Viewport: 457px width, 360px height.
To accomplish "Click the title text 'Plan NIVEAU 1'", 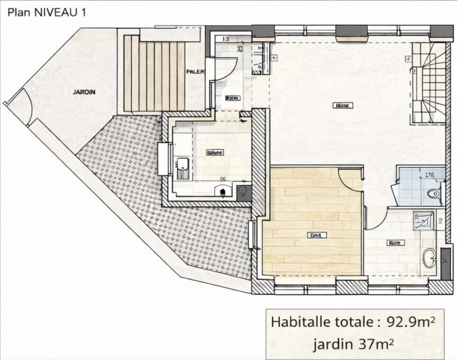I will coord(46,13).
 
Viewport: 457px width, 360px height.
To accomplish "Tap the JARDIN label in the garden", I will coord(84,92).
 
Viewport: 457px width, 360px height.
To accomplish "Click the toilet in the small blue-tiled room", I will coord(435,194).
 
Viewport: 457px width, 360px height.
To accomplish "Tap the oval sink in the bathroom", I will coord(429,258).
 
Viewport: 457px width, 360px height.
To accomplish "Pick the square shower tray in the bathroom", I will coord(423,221).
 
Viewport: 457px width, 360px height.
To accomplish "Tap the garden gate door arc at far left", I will coord(23,104).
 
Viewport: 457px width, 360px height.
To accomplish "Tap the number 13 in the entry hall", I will coord(225,39).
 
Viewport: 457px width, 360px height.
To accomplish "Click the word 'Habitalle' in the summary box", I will coord(296,321).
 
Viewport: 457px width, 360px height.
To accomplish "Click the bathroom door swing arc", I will coord(375,218).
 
